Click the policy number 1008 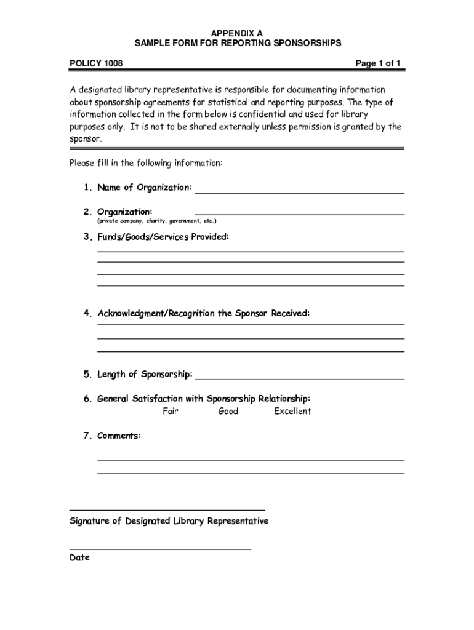tap(113, 63)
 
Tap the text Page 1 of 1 tap(378, 63)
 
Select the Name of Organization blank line tap(299, 192)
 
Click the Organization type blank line tap(299, 213)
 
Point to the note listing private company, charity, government tap(156, 220)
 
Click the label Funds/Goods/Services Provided tap(163, 237)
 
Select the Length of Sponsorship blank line tap(299, 378)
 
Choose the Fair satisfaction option tap(171, 411)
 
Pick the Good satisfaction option tap(228, 411)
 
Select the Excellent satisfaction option tap(292, 411)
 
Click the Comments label tap(119, 436)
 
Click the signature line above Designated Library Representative tap(167, 509)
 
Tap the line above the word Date tap(160, 548)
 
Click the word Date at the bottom tap(79, 557)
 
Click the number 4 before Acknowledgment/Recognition tap(87, 314)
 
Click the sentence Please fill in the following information tap(145, 164)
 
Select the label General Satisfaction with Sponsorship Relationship tap(203, 399)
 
